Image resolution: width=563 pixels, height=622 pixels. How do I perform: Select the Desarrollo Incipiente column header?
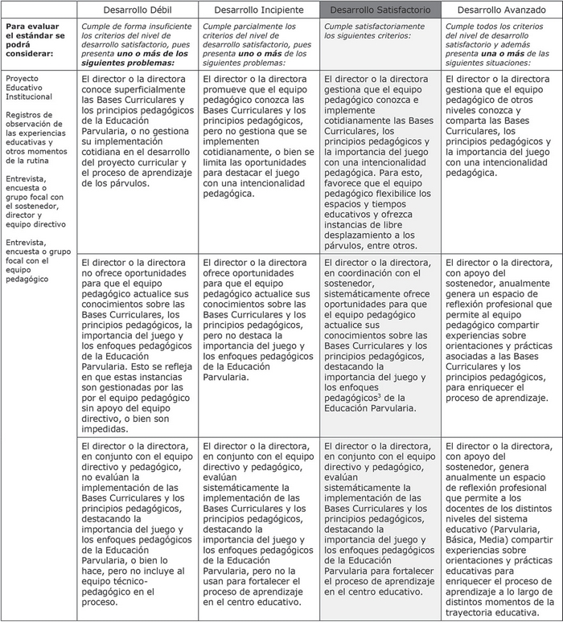click(259, 10)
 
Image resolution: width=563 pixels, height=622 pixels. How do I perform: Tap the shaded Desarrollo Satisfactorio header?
click(380, 10)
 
